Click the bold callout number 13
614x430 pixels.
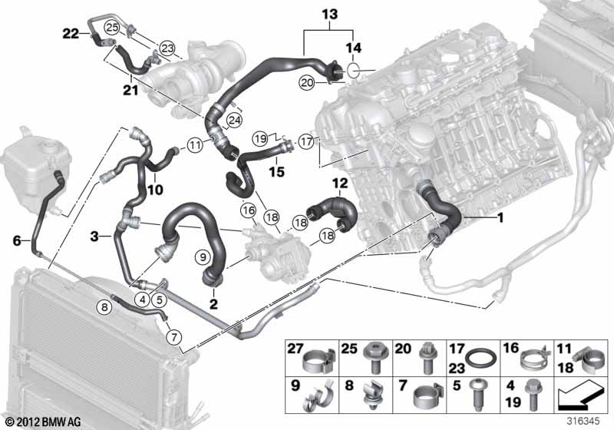(x=330, y=15)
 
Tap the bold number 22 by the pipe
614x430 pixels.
(x=71, y=34)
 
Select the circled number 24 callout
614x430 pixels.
(x=235, y=121)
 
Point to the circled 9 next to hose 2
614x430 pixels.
(x=203, y=257)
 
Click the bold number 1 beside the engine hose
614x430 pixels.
(x=500, y=217)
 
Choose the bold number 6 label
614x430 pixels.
(x=17, y=240)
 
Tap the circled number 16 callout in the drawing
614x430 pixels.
(x=249, y=210)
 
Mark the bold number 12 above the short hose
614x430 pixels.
(x=340, y=183)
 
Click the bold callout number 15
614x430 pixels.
(x=277, y=171)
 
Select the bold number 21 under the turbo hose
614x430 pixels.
(x=130, y=90)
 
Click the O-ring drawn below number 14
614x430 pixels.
(x=353, y=70)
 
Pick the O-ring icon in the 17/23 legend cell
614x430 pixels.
(x=481, y=358)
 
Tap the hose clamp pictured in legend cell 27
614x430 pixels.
(x=319, y=360)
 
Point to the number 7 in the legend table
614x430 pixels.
(x=403, y=385)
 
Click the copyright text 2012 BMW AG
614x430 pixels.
(x=43, y=422)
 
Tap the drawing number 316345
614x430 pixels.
(x=583, y=422)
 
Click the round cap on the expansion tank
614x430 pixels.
(x=51, y=148)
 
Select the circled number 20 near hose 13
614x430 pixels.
(x=307, y=83)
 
